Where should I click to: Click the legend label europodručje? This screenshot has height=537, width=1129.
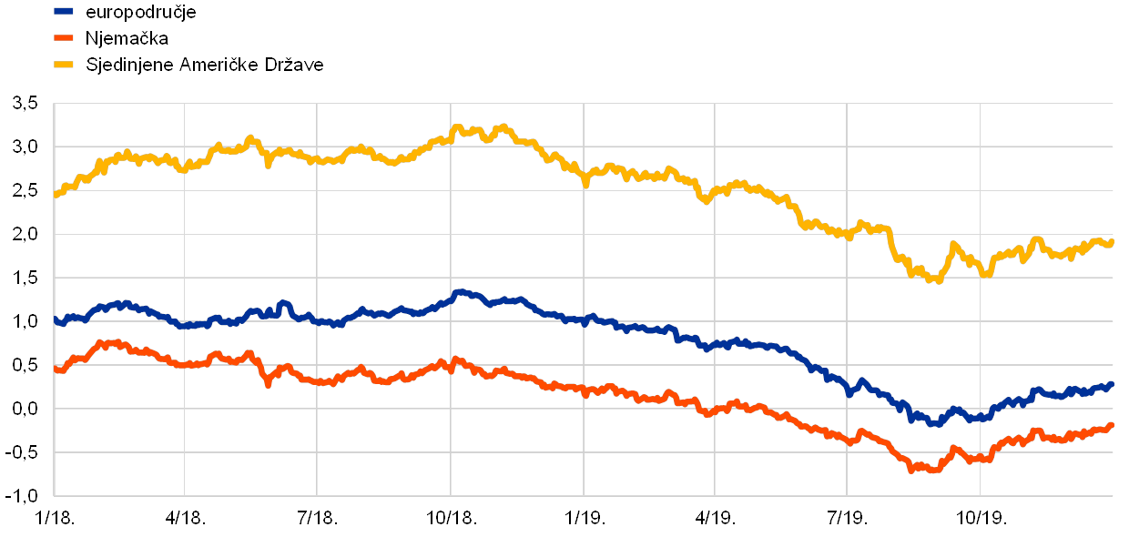140,13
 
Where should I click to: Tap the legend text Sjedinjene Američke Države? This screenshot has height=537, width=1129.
205,65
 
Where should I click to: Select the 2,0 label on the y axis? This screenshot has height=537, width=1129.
26,234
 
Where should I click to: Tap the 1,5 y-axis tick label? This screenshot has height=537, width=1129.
26,278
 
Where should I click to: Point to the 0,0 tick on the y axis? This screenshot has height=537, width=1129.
26,409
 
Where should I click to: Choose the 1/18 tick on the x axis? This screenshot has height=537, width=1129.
53,518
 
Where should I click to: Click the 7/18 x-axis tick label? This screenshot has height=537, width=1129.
316,518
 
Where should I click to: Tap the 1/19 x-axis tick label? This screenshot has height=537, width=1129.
583,518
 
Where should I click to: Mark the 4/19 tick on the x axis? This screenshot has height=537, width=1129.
714,518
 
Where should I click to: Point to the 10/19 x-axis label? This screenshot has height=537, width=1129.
980,518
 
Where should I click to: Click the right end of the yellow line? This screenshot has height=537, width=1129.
1112,241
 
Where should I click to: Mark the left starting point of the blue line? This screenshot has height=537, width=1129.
56,319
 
